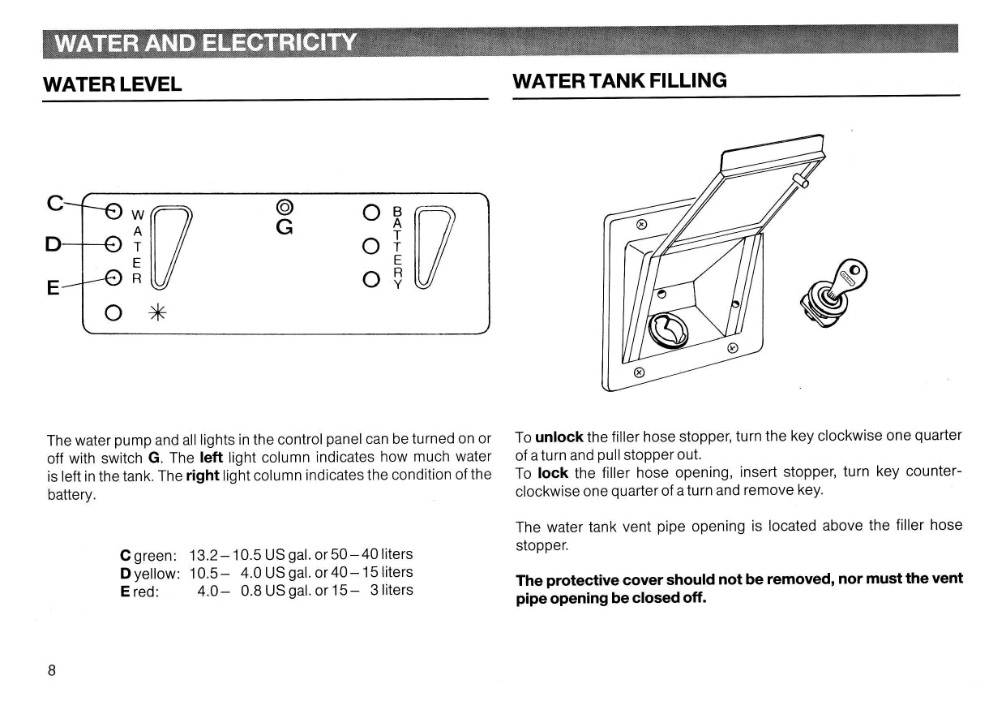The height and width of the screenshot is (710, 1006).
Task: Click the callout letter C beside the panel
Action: [x=55, y=203]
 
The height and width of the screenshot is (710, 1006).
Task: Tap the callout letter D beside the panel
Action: [x=53, y=244]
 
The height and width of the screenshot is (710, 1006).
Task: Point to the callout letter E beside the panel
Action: [x=53, y=287]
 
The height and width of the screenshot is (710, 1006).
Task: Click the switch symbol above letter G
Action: [x=285, y=207]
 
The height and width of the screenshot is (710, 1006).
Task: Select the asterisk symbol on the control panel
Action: [x=157, y=312]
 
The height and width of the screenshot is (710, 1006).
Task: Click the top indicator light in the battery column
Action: [x=371, y=213]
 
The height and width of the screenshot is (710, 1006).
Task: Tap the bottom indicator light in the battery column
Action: [x=371, y=280]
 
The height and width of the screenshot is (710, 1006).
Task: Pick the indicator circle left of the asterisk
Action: [x=113, y=312]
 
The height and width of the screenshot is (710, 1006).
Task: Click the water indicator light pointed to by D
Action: [x=113, y=244]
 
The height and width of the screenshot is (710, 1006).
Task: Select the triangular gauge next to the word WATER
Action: [x=171, y=247]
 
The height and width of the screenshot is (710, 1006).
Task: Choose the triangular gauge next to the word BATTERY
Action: [x=434, y=247]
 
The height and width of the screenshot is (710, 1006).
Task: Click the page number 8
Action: [x=52, y=670]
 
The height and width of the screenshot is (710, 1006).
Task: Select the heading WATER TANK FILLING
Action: [x=619, y=81]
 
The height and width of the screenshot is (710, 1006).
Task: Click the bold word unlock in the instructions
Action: [x=559, y=437]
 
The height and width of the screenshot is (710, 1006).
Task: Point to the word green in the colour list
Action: [x=156, y=556]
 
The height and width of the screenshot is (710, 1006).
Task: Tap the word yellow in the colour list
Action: [x=157, y=574]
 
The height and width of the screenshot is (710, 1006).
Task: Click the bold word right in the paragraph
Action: [x=203, y=476]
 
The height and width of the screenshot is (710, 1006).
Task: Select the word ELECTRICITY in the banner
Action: [x=279, y=43]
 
